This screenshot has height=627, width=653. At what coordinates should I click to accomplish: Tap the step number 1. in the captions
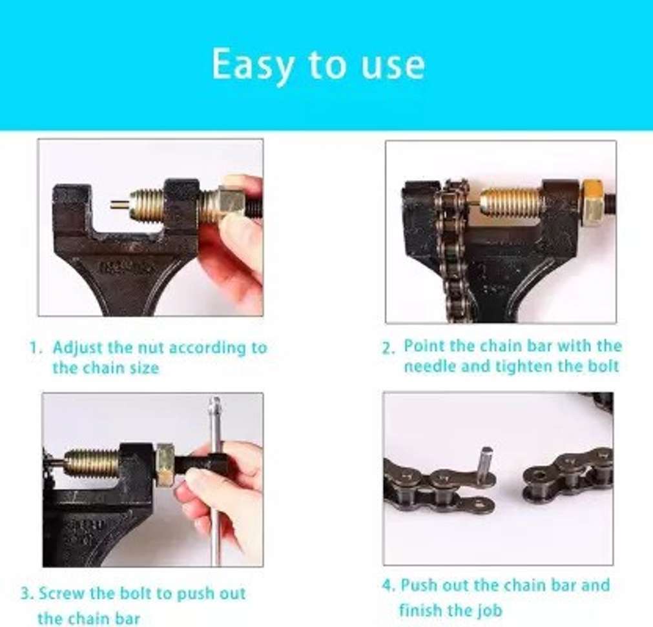[x=36, y=348]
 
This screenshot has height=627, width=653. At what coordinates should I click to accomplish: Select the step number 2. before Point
[x=388, y=348]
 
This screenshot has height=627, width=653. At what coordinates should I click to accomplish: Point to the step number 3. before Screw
[x=26, y=593]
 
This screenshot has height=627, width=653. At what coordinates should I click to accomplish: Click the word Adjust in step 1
[x=78, y=348]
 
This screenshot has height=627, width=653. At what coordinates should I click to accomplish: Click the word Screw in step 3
[x=62, y=593]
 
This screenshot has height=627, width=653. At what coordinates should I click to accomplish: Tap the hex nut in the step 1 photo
[x=230, y=203]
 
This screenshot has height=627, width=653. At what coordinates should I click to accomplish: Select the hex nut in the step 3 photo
[x=165, y=464]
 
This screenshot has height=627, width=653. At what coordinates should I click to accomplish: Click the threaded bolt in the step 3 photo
[x=91, y=463]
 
